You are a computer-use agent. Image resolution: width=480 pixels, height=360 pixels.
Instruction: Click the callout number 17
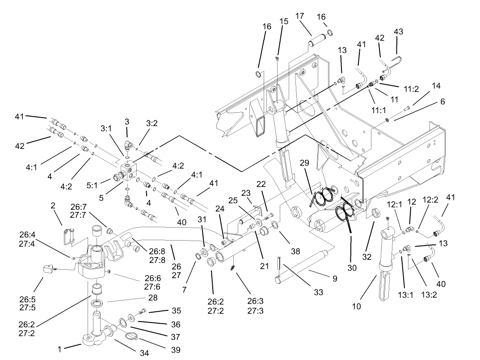299,16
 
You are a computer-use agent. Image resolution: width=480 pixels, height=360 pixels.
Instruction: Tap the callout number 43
398,31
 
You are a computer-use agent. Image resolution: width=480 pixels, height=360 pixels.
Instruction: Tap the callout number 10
356,307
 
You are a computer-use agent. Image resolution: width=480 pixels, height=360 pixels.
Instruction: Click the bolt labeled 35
142,311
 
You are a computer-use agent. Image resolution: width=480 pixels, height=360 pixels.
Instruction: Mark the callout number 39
176,350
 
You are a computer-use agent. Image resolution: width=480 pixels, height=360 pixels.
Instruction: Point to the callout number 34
144,353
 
